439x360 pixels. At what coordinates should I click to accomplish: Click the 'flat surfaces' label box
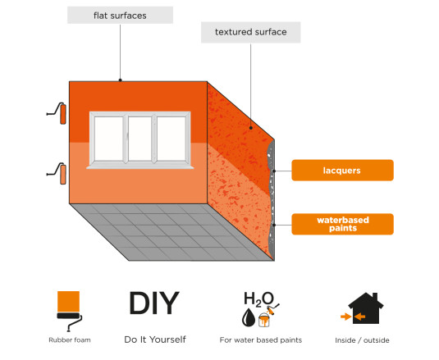coord(120,16)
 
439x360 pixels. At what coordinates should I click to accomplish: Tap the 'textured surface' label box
coord(250,32)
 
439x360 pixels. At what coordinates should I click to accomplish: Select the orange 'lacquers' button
coord(342,171)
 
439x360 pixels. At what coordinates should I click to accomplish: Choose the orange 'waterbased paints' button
coord(342,224)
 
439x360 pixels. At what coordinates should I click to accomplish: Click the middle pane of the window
coord(139,139)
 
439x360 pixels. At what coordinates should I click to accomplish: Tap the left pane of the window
coord(108,139)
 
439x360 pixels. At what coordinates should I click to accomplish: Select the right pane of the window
coord(171,139)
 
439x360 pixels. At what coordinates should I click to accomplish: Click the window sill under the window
coord(140,167)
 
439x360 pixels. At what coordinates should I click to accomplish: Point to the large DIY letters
coord(154,303)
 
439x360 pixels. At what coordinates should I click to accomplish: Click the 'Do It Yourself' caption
coord(155,339)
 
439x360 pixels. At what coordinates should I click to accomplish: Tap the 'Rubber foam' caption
coord(70,340)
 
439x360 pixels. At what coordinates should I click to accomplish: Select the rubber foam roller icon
coord(69,311)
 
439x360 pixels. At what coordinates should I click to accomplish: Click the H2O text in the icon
coord(258,298)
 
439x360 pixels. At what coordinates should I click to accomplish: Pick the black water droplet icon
coord(249,317)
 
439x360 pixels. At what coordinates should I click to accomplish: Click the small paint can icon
coord(264,320)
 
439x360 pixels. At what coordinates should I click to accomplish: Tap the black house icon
coord(366,308)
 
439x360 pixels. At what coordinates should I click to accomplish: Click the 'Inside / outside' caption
coord(362,340)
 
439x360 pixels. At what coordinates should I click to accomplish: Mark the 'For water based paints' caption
coord(261,340)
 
